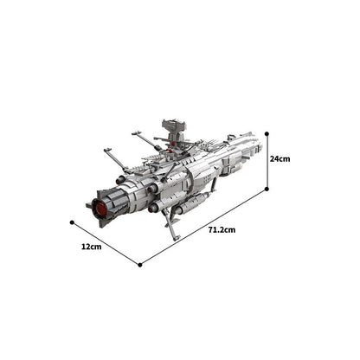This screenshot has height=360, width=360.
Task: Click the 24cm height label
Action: pyautogui.click(x=280, y=158)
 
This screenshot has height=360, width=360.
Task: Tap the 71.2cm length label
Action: pyautogui.click(x=222, y=229)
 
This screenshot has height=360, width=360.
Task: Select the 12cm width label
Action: pyautogui.click(x=92, y=247)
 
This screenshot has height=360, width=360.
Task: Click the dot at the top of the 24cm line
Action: pyautogui.click(x=267, y=134)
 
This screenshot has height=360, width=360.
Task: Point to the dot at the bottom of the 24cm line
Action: pyautogui.click(x=267, y=189)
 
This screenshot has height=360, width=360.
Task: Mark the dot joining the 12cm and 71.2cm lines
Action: pyautogui.click(x=140, y=265)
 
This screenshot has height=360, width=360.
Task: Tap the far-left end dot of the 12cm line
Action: pyautogui.click(x=72, y=222)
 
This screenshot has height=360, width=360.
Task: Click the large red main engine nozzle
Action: pyautogui.click(x=100, y=208)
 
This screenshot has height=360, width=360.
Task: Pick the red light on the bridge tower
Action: pyautogui.click(x=173, y=144)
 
